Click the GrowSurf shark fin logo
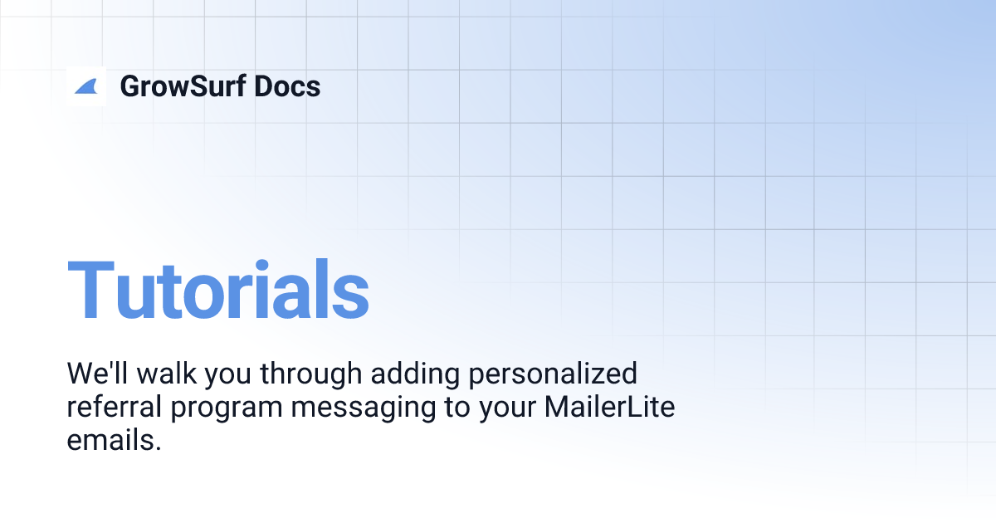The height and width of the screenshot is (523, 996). tap(86, 86)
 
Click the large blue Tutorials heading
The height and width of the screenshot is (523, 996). tap(217, 290)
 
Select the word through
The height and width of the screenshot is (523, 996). tap(311, 374)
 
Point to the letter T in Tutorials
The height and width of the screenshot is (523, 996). tap(91, 290)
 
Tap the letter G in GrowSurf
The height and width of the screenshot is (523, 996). tap(131, 86)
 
